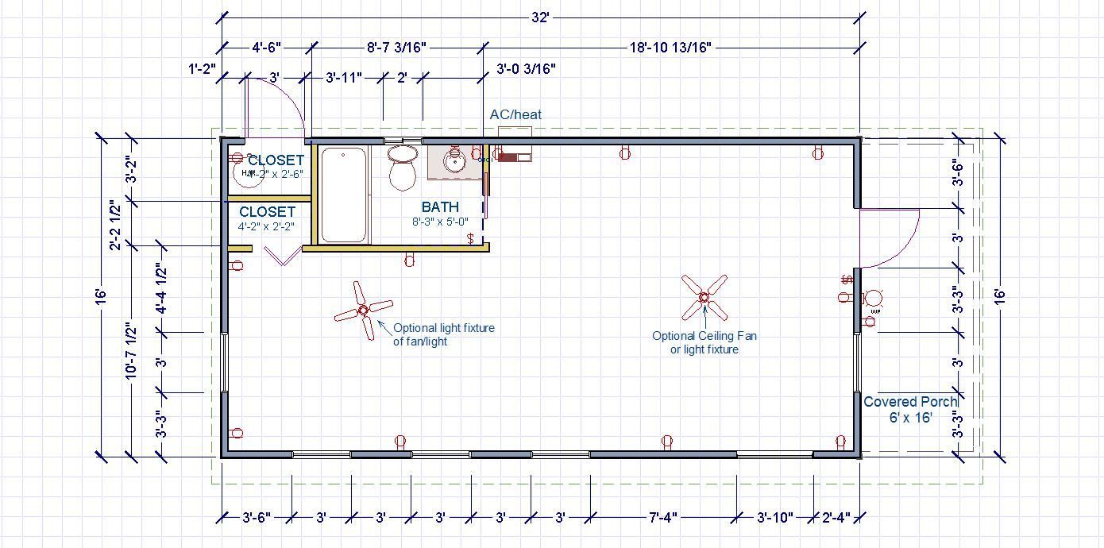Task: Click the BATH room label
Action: pyautogui.click(x=440, y=207)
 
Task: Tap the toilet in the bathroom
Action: pyautogui.click(x=403, y=166)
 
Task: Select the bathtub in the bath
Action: pyautogui.click(x=344, y=195)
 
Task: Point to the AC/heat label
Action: pyautogui.click(x=515, y=114)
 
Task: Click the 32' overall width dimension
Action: pyautogui.click(x=540, y=17)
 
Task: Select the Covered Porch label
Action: pyautogui.click(x=910, y=402)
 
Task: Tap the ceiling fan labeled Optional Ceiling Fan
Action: pyautogui.click(x=704, y=297)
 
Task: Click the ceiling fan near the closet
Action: pyautogui.click(x=364, y=310)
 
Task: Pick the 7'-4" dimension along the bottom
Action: pyautogui.click(x=662, y=518)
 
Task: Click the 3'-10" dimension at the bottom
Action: pyautogui.click(x=774, y=518)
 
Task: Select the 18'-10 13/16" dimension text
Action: pyautogui.click(x=670, y=48)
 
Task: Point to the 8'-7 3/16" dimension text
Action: pyautogui.click(x=396, y=48)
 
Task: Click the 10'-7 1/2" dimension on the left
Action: pyautogui.click(x=131, y=350)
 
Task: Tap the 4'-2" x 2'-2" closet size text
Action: pyautogui.click(x=266, y=226)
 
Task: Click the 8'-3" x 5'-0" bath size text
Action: pyautogui.click(x=440, y=222)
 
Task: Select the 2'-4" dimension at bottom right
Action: pyautogui.click(x=836, y=518)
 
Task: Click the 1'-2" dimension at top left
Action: pyautogui.click(x=203, y=69)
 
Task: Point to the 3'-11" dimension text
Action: pyautogui.click(x=344, y=78)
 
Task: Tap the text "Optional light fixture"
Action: pyautogui.click(x=444, y=327)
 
